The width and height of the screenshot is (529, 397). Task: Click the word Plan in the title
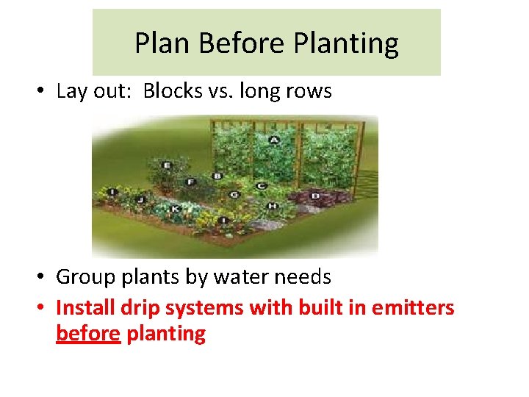coord(156,44)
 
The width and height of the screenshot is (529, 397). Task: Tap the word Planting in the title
coord(346,44)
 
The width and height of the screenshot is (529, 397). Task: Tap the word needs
coord(306,277)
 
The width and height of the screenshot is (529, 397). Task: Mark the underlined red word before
coord(87,334)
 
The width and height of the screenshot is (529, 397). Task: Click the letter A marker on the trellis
coord(274,140)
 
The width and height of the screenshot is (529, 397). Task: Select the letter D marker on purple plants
coord(315,196)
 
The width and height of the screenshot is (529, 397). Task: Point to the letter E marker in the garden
coord(166,166)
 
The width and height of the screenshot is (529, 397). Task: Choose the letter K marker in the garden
coord(176,209)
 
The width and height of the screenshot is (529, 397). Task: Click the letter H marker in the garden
coord(272,206)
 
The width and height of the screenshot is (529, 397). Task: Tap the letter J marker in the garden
coord(140,199)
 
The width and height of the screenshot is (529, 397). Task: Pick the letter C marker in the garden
coord(261,186)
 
